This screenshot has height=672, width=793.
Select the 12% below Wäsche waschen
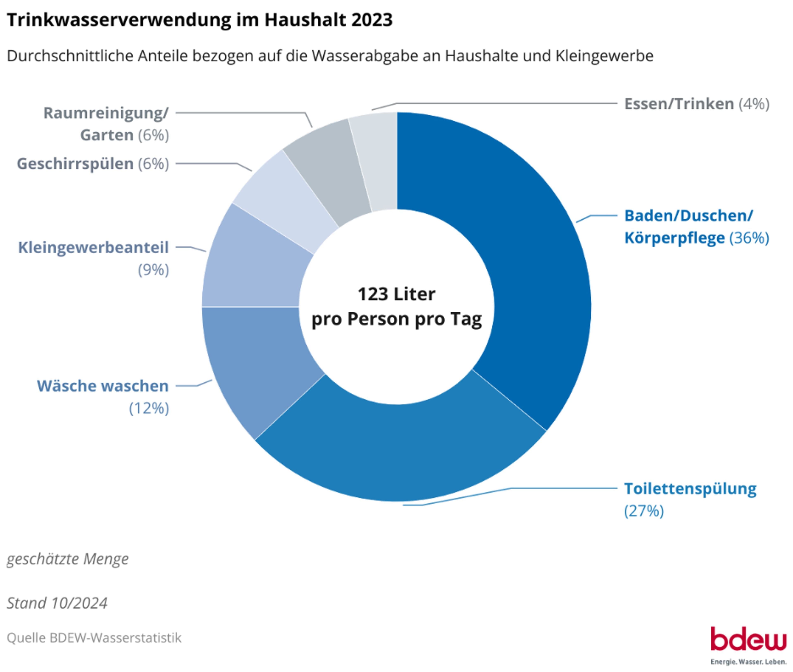(149, 408)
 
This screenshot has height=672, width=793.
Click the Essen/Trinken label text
(678, 104)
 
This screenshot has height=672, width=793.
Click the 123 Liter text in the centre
(396, 294)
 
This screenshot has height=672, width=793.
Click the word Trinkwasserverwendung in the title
(119, 20)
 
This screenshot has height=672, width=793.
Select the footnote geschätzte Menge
(68, 559)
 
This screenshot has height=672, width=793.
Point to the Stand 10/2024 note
(57, 603)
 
